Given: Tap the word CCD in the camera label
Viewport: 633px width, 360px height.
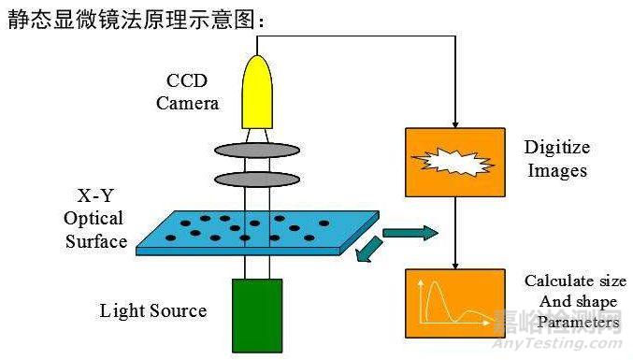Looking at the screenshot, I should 187,80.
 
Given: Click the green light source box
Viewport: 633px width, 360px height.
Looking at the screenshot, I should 257,314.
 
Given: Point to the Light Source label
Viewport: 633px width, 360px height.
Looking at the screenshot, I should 153,310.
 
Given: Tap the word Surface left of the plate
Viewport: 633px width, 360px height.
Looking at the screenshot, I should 94,242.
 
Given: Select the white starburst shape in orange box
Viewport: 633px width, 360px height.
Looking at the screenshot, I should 453,162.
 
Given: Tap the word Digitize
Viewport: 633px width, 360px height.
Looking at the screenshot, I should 558,148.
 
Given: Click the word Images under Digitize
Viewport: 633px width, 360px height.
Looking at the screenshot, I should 557,170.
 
